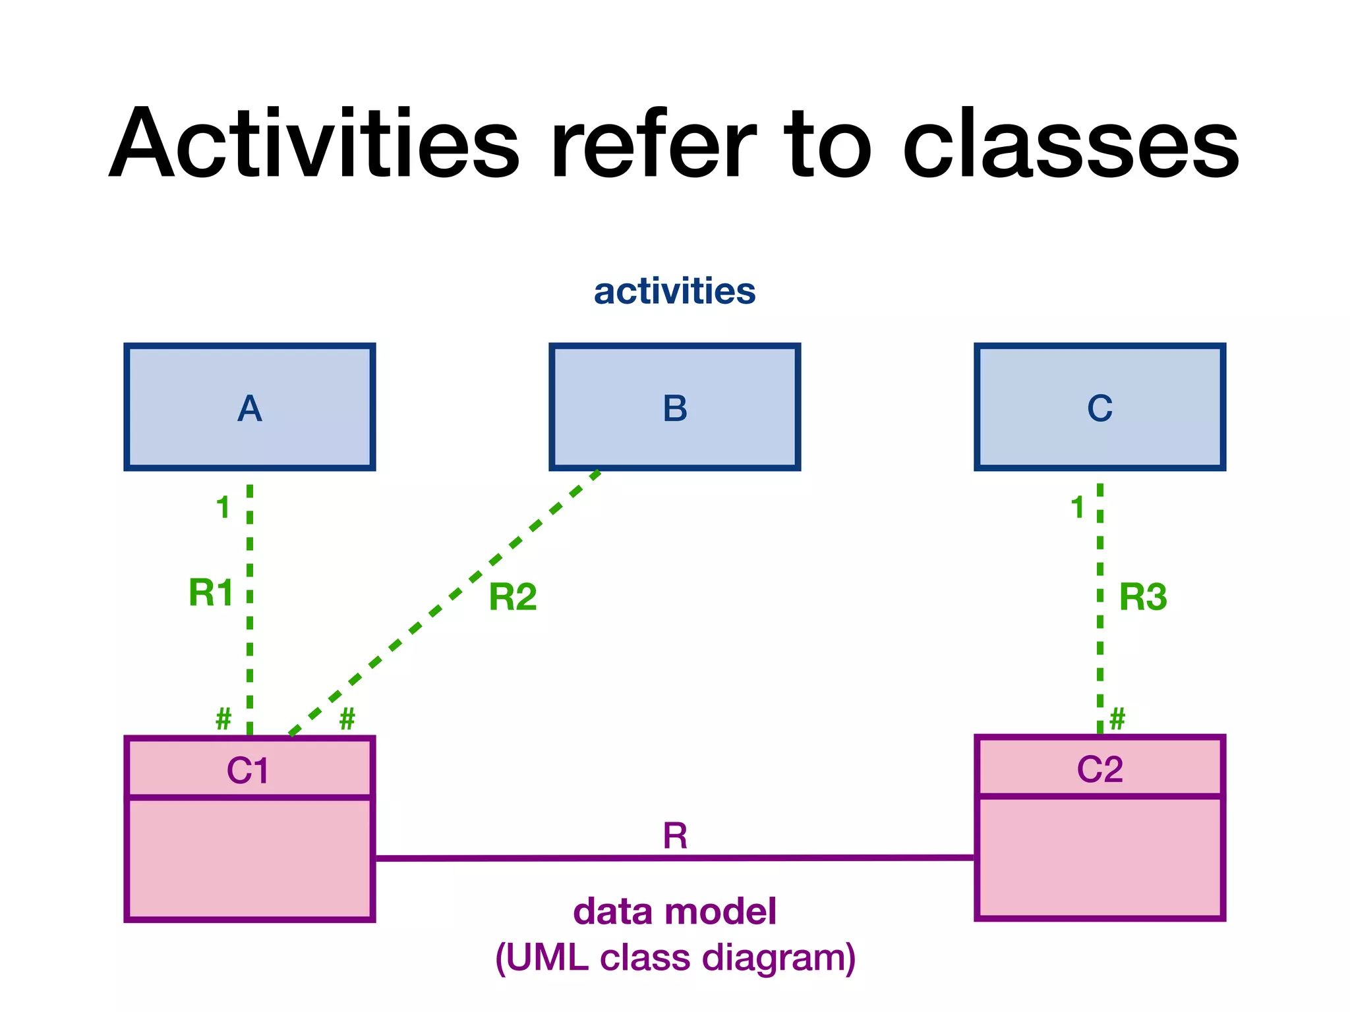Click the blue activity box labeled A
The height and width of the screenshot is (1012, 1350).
pos(249,407)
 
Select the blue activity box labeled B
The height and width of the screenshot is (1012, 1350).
pos(674,407)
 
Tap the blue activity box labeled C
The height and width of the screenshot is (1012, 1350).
pos(1100,407)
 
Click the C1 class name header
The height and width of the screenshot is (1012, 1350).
pos(249,770)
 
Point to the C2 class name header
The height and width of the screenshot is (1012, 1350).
pos(1100,768)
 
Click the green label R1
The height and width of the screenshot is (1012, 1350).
pos(211,592)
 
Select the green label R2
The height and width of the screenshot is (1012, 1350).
pos(512,597)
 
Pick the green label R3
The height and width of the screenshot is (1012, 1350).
pos(1143,597)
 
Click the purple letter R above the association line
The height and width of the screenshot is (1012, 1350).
pos(675,836)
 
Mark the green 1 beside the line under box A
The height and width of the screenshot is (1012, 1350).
pos(223,507)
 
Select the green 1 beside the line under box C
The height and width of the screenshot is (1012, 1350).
pos(1077,507)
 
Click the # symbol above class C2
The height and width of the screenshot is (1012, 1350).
pos(1117,718)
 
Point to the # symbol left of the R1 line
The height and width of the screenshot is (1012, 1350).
pos(223,718)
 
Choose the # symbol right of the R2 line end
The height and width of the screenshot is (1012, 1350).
pos(347,718)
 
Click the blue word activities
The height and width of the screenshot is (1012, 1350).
pos(674,291)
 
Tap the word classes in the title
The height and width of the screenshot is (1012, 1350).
pos(1071,144)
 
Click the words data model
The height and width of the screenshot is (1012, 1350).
pos(674,911)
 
